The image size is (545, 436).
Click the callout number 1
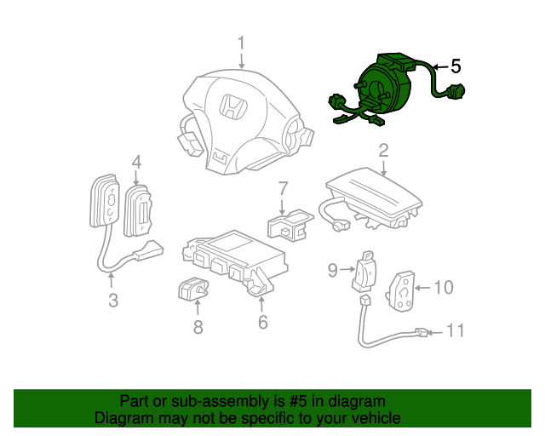242,43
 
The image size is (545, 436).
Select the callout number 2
383,151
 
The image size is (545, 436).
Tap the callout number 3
112,300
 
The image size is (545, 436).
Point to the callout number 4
136,161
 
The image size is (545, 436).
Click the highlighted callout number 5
456,66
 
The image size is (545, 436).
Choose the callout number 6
262,322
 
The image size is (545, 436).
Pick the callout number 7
284,187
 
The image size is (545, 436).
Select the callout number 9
334,271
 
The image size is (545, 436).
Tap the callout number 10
444,287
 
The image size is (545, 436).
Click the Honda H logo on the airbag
231,107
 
